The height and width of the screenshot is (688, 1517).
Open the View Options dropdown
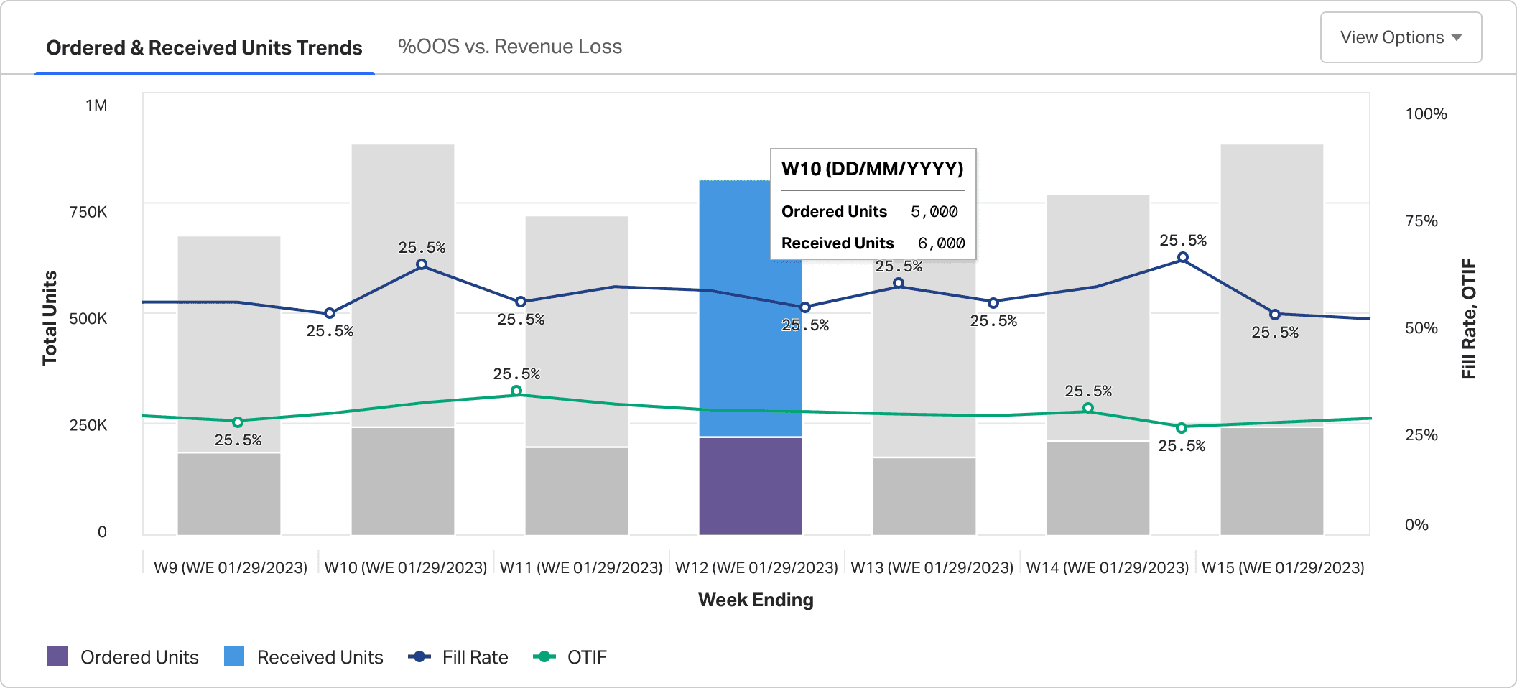point(1401,37)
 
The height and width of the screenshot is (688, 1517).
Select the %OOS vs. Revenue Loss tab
point(510,47)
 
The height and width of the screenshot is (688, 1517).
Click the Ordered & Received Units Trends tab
point(204,47)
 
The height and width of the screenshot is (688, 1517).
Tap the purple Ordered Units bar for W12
point(751,486)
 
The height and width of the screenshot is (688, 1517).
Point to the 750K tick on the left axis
point(88,212)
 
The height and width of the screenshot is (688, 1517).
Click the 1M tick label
point(96,106)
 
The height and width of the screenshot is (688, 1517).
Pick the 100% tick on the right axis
point(1426,114)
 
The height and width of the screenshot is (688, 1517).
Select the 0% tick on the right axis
point(1416,525)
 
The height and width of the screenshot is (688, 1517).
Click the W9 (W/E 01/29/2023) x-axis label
point(231,567)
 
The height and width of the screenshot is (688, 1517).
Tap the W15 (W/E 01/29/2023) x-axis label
point(1283,567)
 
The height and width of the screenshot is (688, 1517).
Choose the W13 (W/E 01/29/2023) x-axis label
point(932,567)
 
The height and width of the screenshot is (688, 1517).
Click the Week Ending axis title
point(756,600)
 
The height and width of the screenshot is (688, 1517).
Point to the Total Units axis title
point(50,318)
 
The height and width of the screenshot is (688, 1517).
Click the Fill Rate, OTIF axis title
point(1469,318)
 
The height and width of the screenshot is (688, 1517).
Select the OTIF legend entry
point(570,657)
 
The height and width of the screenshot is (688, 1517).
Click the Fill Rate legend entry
point(458,657)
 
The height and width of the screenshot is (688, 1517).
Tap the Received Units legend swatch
point(234,656)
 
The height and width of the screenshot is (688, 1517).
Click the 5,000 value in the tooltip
point(934,212)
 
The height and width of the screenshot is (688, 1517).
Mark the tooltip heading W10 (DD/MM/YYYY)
point(873,169)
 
